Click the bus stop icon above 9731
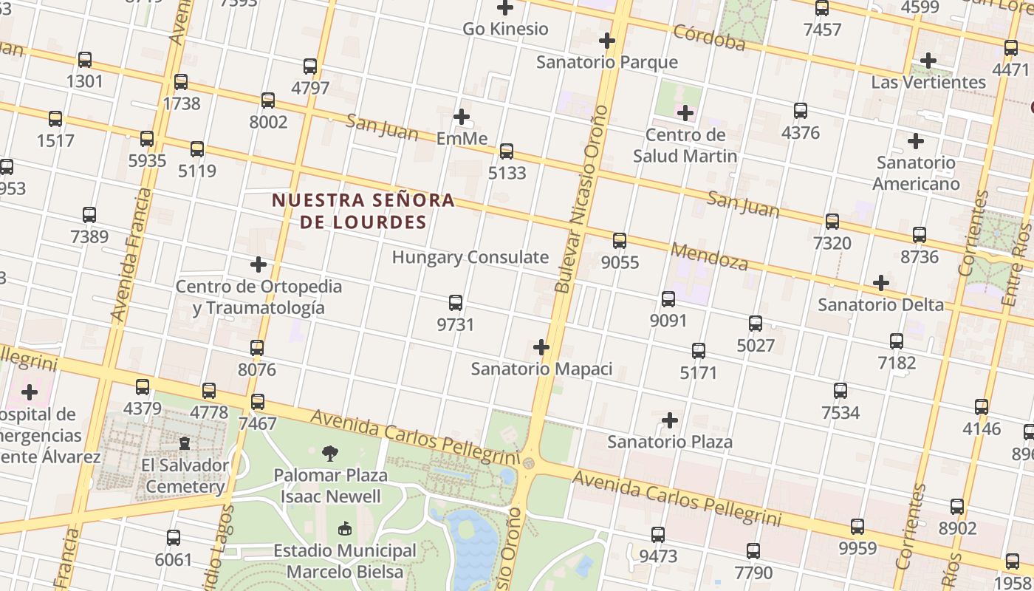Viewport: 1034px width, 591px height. point(456,303)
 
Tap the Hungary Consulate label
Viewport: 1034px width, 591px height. point(470,257)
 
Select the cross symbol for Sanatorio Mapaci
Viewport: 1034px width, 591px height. point(541,346)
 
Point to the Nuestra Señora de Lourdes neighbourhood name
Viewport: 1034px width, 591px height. point(363,211)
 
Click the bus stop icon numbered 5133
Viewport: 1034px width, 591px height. point(506,151)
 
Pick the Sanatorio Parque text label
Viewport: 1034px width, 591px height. point(606,61)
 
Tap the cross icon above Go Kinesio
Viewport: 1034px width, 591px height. point(505,8)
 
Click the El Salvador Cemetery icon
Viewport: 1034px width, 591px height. point(184,443)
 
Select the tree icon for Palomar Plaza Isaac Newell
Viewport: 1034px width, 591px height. point(330,453)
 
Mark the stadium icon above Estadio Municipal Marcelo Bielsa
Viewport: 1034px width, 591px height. point(345,529)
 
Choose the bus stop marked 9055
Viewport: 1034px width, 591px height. point(620,241)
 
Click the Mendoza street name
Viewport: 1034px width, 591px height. point(709,256)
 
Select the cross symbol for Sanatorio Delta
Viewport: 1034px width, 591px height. point(880,283)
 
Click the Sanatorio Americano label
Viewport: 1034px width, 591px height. point(916,173)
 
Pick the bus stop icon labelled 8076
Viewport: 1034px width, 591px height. point(257,348)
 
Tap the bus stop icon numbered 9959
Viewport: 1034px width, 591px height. point(857,527)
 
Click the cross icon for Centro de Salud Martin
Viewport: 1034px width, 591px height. point(685,113)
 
